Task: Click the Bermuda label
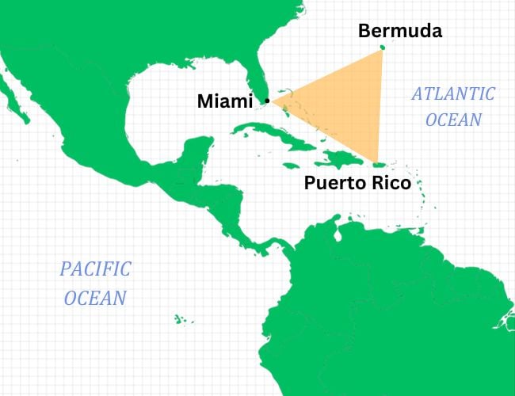[x=399, y=32]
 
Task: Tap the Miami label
[x=224, y=101]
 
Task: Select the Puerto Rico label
[x=357, y=184]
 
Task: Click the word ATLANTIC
[x=452, y=94]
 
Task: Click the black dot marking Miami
[x=267, y=101]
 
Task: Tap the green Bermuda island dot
[x=383, y=48]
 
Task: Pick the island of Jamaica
[x=304, y=169]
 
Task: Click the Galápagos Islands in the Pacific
[x=181, y=319]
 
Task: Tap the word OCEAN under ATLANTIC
[x=453, y=120]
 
